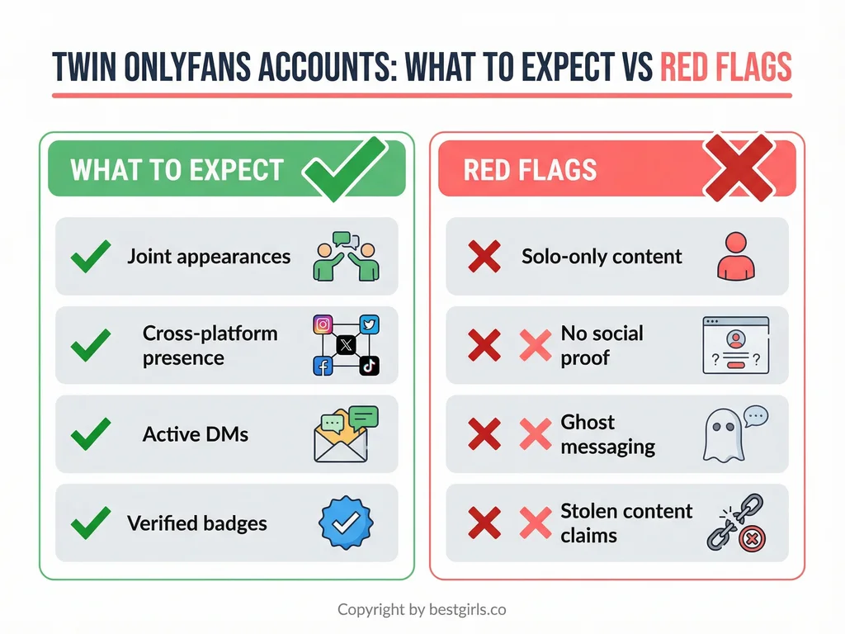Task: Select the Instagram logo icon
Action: [323, 324]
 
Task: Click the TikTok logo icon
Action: [369, 367]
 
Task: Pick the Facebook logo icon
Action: [323, 367]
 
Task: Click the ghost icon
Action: [719, 435]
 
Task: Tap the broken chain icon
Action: [736, 523]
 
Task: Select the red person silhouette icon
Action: [734, 256]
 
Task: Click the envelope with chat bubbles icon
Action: [345, 434]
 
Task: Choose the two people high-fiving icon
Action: [346, 256]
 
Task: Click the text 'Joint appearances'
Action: [209, 256]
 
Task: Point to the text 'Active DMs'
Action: [196, 434]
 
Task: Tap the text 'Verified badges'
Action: [197, 523]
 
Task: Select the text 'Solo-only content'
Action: [602, 256]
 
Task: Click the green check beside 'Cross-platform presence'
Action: [91, 345]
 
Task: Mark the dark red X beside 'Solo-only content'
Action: [484, 257]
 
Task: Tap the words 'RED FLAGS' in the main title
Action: [725, 68]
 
